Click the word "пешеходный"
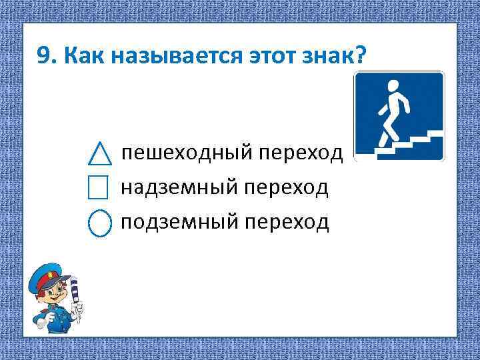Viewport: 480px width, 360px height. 186,154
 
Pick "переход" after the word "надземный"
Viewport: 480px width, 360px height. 287,188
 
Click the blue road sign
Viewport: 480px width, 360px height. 399,116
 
